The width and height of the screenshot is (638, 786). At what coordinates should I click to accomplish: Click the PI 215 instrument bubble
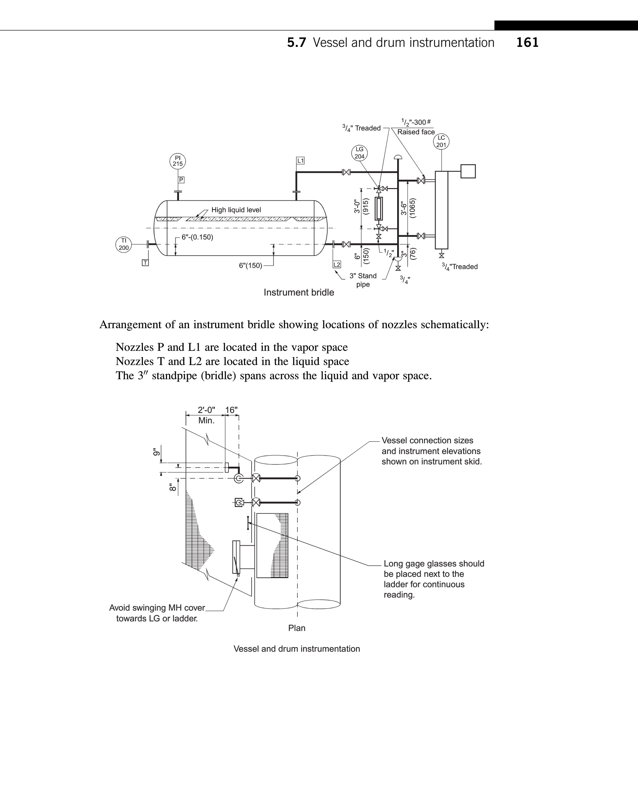[x=177, y=161]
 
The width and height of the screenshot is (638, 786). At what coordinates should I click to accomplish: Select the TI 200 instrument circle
[x=124, y=244]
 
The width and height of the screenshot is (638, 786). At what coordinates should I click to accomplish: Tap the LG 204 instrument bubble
[x=359, y=153]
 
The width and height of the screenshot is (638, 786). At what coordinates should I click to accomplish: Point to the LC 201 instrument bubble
[x=441, y=141]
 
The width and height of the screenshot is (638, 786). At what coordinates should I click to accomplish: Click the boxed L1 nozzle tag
[x=300, y=160]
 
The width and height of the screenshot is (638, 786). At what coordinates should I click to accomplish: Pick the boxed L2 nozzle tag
[x=336, y=264]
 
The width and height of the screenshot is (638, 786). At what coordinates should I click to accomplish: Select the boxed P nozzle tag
[x=181, y=180]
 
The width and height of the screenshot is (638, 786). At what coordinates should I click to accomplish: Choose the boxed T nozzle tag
[x=145, y=263]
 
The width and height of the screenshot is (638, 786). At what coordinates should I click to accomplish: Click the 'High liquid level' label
[x=236, y=210]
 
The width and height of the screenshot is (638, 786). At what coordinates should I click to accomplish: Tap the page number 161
[x=527, y=43]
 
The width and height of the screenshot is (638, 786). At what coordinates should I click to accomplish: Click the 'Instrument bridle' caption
[x=299, y=292]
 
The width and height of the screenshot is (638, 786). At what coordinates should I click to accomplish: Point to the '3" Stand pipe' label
[x=363, y=280]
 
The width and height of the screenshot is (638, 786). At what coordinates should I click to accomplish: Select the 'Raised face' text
[x=416, y=132]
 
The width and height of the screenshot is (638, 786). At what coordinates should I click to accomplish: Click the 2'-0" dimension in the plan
[x=206, y=410]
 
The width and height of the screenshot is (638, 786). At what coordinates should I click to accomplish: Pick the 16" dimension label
[x=231, y=410]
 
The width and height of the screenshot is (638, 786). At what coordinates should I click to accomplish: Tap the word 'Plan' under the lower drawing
[x=297, y=628]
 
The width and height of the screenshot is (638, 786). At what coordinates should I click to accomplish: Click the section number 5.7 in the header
[x=297, y=43]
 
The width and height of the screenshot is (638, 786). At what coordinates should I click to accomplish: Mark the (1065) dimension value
[x=413, y=208]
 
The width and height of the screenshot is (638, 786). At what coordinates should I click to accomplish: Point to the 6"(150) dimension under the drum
[x=250, y=265]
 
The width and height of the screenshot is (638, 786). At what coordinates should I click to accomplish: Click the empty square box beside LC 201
[x=468, y=171]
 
